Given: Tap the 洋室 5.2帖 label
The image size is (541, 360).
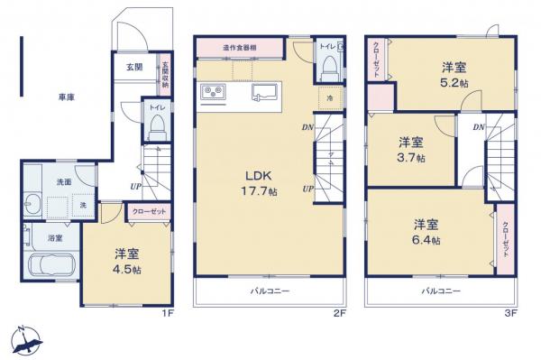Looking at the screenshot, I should point(453,74).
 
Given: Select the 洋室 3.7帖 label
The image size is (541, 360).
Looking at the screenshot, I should point(412,149).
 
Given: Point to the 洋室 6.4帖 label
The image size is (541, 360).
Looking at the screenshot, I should point(426,232).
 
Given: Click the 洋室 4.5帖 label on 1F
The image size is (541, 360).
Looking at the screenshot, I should point(125,262).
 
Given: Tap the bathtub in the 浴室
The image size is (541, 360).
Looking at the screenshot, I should point(50,268).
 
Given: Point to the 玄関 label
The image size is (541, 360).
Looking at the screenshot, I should point(133,67).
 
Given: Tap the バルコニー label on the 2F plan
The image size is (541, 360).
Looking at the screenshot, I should point(268,291).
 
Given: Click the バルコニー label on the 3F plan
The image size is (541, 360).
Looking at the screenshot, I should point(441,291).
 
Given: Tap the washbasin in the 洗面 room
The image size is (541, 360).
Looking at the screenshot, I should point(32,201).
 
